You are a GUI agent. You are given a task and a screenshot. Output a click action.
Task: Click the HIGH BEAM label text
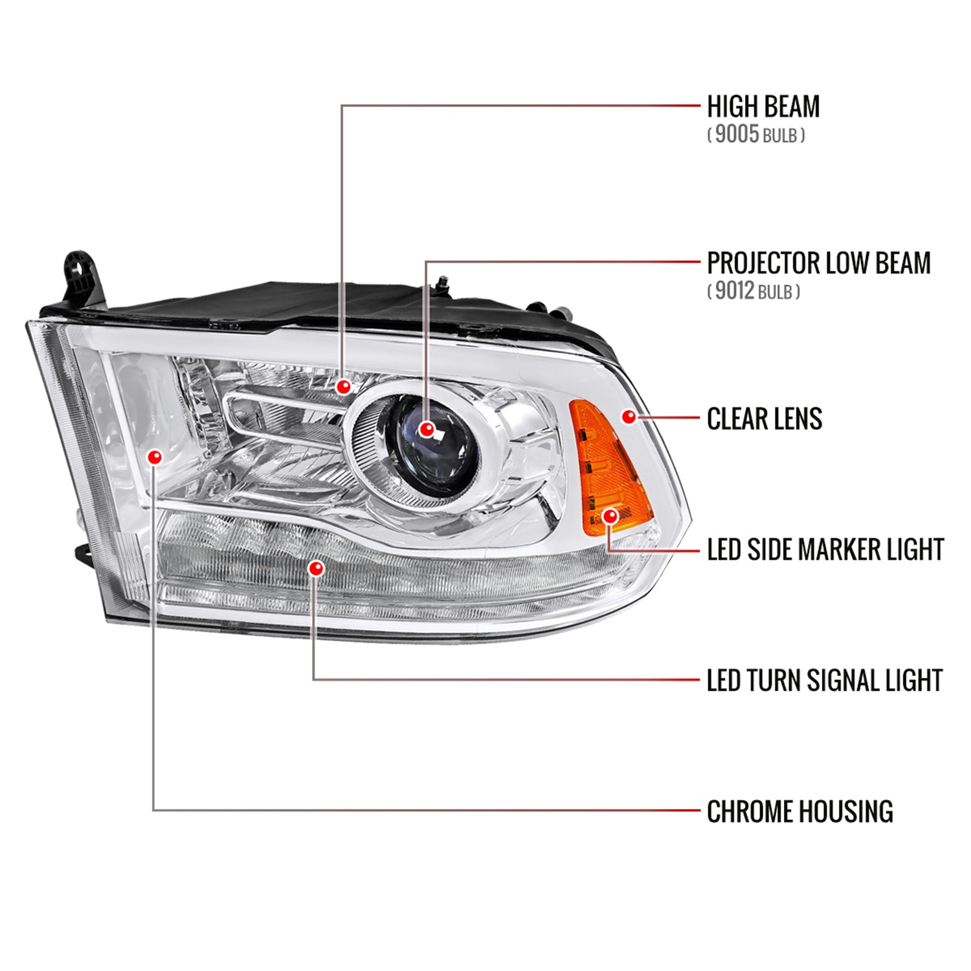(x=763, y=107)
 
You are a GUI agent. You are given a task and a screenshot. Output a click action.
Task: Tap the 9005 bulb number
(x=737, y=134)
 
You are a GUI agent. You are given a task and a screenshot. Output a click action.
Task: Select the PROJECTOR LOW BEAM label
(x=818, y=263)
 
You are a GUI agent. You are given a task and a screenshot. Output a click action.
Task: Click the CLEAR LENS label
(x=764, y=419)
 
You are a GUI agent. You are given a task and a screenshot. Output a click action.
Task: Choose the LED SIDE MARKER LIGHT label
(x=825, y=550)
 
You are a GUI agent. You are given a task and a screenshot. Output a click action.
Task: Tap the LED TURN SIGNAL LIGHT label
(x=824, y=681)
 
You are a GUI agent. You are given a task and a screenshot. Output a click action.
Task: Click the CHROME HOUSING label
(x=799, y=812)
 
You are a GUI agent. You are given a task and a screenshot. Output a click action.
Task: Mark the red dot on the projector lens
(x=426, y=429)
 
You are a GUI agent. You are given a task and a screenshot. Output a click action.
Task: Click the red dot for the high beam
(x=344, y=387)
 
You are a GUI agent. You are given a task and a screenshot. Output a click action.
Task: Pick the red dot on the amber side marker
(x=610, y=516)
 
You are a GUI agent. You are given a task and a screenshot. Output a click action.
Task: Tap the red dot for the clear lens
(x=628, y=416)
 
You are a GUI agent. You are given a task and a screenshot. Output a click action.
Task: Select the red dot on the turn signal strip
(x=316, y=568)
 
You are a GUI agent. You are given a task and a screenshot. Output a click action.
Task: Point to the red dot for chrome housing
(x=154, y=457)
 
